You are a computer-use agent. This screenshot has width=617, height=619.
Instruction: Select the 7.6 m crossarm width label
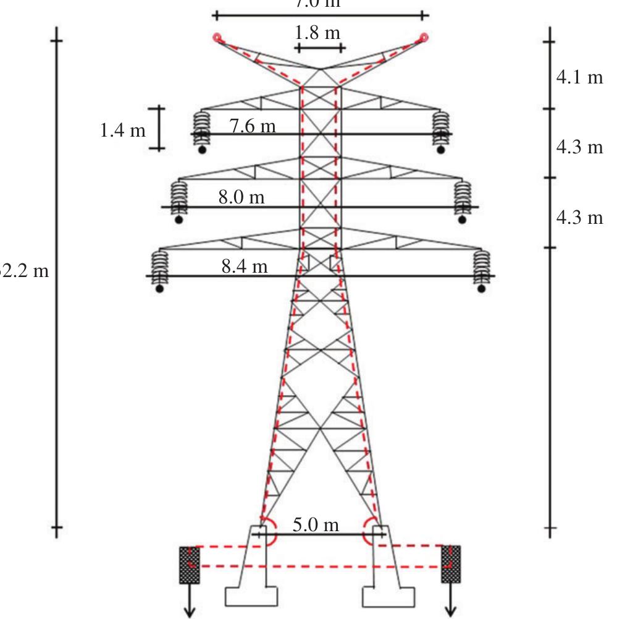[253, 127]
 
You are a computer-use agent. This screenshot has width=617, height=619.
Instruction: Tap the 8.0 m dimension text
[241, 198]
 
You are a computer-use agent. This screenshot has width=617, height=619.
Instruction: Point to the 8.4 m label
[245, 268]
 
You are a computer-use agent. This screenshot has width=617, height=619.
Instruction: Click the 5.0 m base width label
[316, 526]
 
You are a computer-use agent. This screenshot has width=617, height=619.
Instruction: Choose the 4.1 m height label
[579, 79]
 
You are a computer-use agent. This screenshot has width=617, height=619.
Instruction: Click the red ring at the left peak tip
[217, 38]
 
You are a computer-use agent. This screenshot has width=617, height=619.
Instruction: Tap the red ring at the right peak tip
[424, 38]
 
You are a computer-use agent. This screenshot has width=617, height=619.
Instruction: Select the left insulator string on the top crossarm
[202, 127]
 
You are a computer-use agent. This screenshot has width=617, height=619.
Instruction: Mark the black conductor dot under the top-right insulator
[440, 149]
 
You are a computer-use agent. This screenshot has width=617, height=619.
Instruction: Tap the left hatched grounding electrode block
[189, 565]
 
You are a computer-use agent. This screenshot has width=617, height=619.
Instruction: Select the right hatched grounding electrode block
[451, 564]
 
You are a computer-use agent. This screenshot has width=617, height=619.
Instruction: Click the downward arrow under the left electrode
[189, 603]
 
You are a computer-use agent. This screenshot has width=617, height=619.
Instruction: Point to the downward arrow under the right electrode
[451, 603]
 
